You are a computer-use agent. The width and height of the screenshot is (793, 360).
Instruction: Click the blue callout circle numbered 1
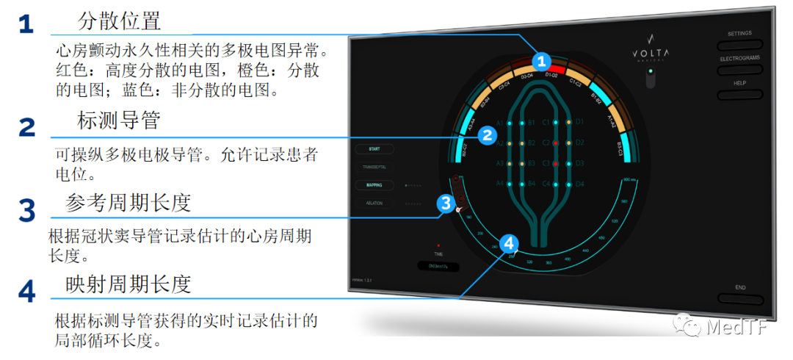point(542,60)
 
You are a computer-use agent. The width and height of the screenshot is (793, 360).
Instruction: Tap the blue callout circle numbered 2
point(486,134)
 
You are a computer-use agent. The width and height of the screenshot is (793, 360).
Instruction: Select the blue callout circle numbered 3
point(444,204)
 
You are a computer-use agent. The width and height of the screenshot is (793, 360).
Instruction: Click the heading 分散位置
point(119,22)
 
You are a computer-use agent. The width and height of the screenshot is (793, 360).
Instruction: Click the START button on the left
point(374,149)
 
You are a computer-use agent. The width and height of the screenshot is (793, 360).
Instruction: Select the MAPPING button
point(374,185)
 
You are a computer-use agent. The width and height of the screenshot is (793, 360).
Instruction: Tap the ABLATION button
point(374,203)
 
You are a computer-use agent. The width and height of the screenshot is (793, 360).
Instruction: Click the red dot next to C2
point(557,142)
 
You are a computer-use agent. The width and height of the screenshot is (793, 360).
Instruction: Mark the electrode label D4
point(579,183)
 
